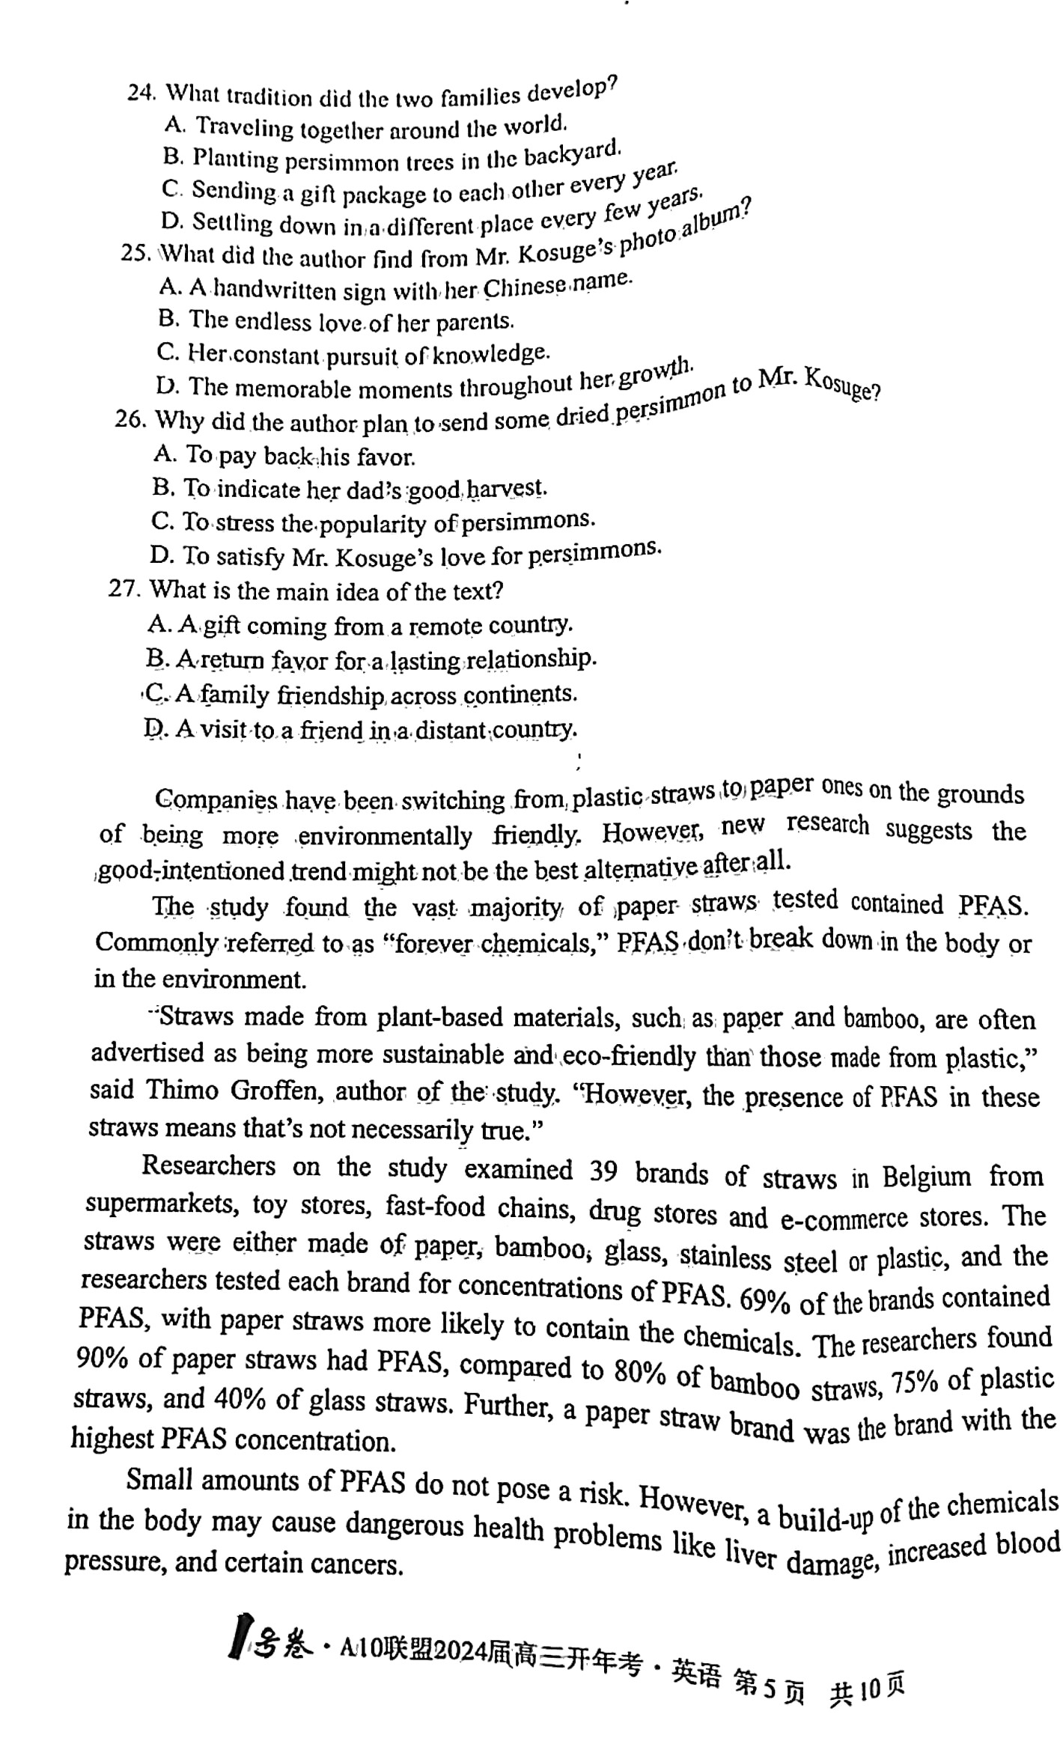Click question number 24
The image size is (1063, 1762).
[141, 93]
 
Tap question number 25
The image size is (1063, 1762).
[135, 253]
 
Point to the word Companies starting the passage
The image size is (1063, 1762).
[216, 799]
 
